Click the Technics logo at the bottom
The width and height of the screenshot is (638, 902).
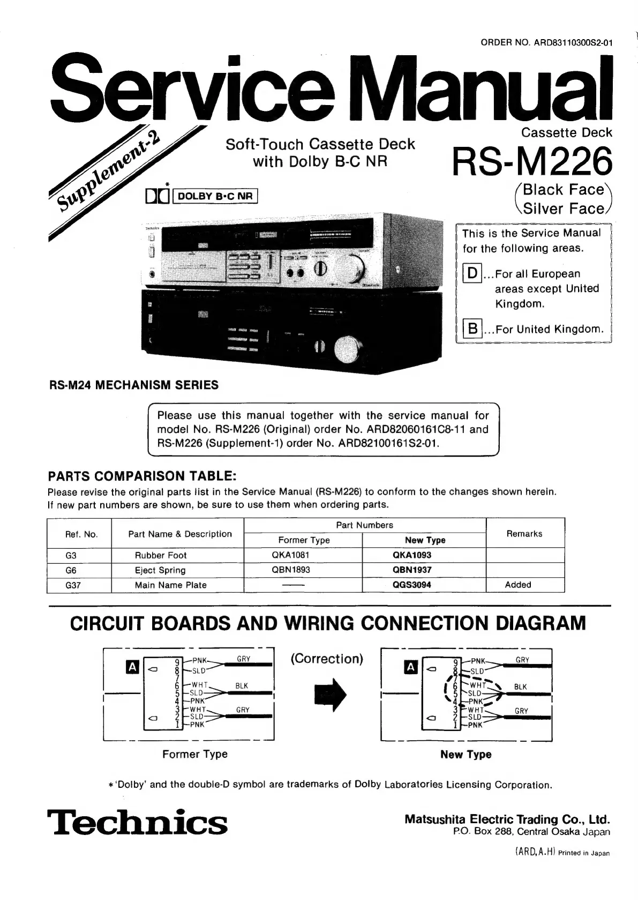(x=138, y=822)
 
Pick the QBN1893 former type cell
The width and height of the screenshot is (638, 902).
(x=291, y=570)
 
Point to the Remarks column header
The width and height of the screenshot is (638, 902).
(x=524, y=534)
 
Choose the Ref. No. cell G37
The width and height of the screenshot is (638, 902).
(x=73, y=585)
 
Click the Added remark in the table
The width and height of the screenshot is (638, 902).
(x=518, y=585)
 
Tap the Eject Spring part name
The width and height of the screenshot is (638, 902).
(x=160, y=570)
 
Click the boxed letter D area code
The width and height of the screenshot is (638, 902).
(x=472, y=274)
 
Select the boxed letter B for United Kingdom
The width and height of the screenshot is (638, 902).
(x=472, y=329)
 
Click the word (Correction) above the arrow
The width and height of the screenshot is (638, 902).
(x=327, y=659)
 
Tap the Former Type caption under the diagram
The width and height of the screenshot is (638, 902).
(x=195, y=754)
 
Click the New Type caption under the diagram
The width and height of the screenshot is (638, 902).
(x=466, y=755)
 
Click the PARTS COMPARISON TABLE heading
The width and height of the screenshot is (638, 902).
(x=142, y=476)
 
